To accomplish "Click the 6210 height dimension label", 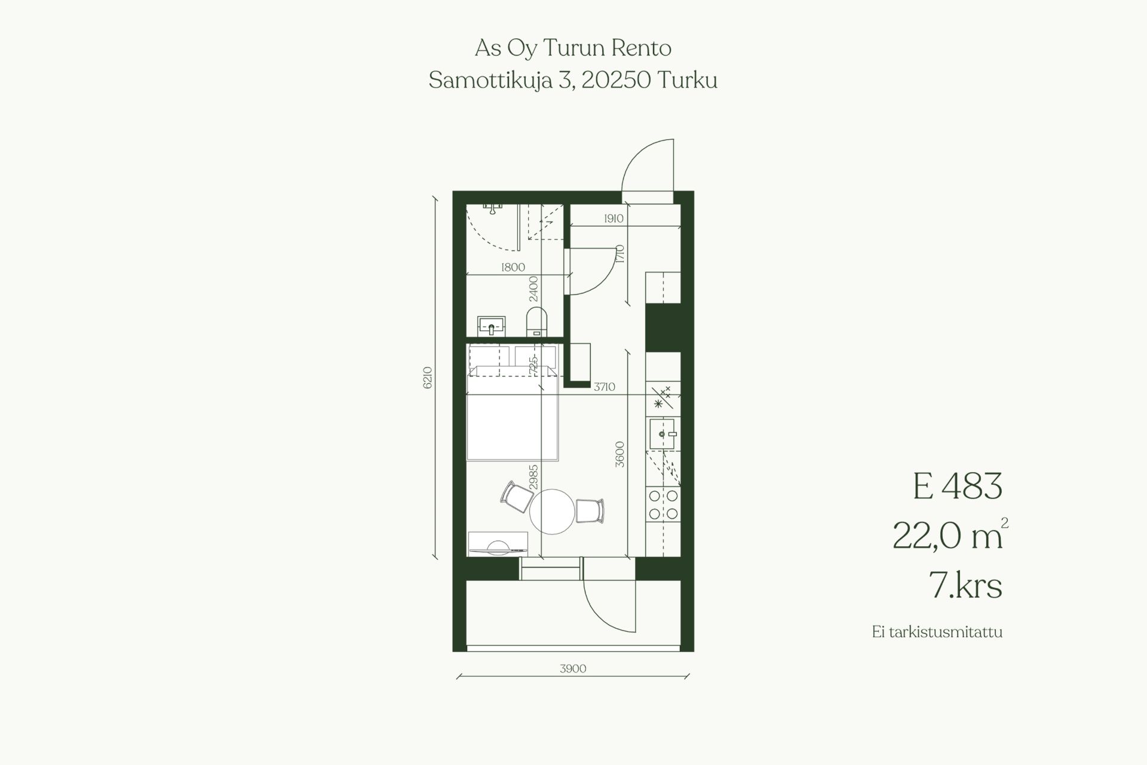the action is point(427,378).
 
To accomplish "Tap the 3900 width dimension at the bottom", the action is point(573,668).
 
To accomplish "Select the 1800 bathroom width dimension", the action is point(513,267).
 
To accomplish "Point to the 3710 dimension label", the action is point(605,387).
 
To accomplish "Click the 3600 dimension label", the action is point(619,454).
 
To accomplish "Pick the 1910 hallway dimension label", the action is point(614,218).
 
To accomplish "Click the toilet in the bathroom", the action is point(536,322).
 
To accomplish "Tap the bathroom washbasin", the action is point(492,326).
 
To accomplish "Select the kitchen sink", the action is point(663,433).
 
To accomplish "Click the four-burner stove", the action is point(663,504).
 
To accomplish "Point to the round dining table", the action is point(552,512).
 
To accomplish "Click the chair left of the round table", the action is point(517,497).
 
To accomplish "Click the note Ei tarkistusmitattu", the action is point(937,632).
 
